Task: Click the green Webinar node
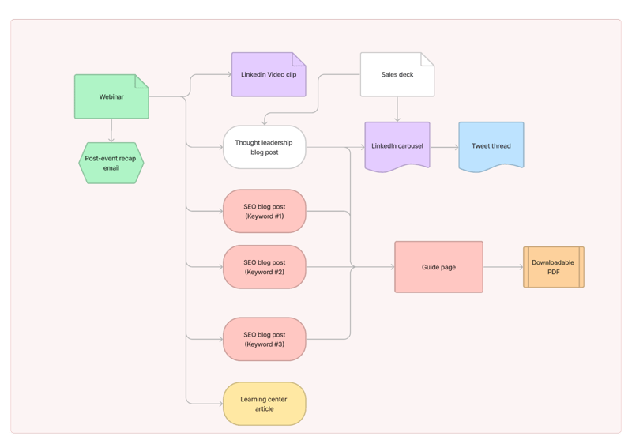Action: pos(111,96)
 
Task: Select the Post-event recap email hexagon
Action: pos(111,163)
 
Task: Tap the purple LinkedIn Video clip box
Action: pos(268,75)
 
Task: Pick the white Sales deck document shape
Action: pos(397,75)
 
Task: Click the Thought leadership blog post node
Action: pos(264,147)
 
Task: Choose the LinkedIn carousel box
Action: pos(397,146)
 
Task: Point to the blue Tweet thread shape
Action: pos(491,146)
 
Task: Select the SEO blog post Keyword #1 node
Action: pos(264,211)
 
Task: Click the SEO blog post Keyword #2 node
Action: pos(264,267)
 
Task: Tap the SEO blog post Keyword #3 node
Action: pos(264,339)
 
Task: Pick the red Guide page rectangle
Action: pos(438,267)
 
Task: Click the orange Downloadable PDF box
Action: pos(553,267)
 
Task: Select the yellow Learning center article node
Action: pos(264,404)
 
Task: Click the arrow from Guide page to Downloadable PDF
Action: pos(502,267)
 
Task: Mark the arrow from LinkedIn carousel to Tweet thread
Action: pos(444,147)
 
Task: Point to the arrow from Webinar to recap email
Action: pos(111,130)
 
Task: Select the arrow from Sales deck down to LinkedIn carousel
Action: pos(397,109)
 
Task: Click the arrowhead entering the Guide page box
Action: pos(391,267)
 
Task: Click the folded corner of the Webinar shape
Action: pos(142,81)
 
